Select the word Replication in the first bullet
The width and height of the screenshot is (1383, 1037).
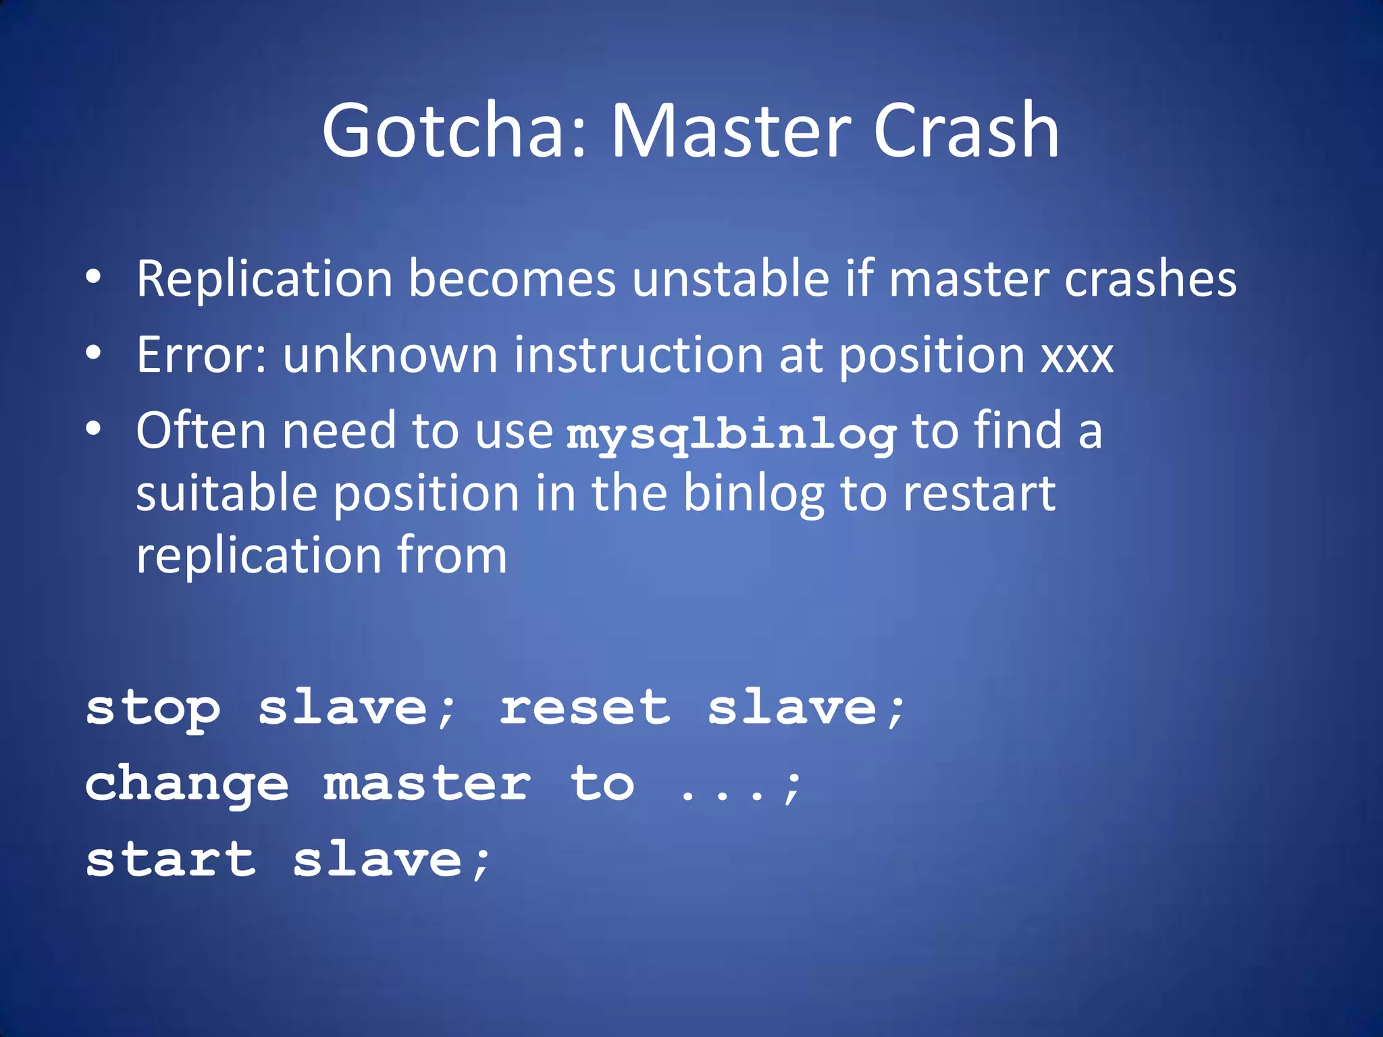(264, 279)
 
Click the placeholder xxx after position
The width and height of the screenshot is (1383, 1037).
(1077, 356)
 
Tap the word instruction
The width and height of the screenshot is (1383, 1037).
(638, 354)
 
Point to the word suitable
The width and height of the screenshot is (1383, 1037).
(226, 493)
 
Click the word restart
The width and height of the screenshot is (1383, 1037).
(979, 493)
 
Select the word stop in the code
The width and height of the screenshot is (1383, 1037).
(153, 710)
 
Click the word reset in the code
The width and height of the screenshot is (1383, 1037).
(585, 708)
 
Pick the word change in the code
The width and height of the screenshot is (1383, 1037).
(187, 785)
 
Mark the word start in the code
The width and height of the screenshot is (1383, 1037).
(171, 860)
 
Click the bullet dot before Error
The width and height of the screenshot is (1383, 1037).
(94, 353)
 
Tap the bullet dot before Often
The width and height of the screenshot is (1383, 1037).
(94, 429)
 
